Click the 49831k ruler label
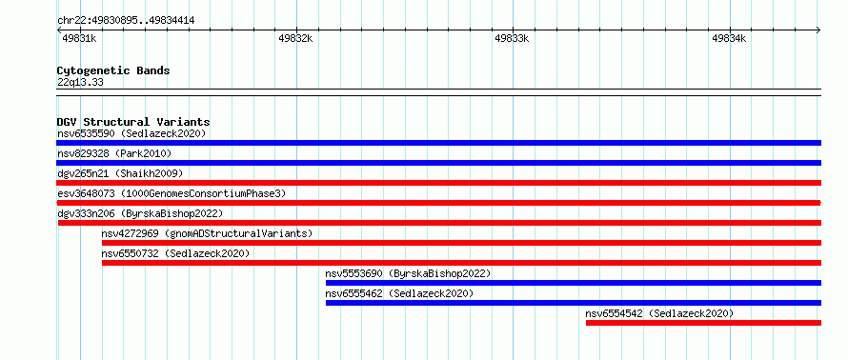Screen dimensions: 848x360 [x=79, y=38]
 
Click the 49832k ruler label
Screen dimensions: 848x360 [x=295, y=38]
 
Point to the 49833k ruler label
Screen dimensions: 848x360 [x=512, y=38]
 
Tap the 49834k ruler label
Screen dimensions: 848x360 [x=729, y=38]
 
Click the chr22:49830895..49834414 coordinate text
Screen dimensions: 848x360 [x=126, y=21]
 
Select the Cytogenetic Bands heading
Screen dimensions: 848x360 [x=113, y=70]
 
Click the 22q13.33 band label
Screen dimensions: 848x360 [x=80, y=83]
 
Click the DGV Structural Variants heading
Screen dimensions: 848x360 [x=133, y=122]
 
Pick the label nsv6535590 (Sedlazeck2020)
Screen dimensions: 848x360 [x=131, y=133]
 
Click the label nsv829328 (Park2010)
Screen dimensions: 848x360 [x=114, y=153]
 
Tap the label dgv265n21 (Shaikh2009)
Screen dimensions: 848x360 [x=120, y=173]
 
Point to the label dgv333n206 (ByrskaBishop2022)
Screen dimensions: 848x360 [x=140, y=213]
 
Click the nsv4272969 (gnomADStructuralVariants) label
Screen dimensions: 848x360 [x=207, y=233]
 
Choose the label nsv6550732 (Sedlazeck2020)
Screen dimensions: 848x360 [x=175, y=253]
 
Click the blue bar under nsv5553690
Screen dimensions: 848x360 [x=574, y=283]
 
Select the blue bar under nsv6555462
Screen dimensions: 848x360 [x=574, y=303]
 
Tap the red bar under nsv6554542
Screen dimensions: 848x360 [x=703, y=323]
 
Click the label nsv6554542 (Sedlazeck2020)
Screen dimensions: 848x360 [x=659, y=313]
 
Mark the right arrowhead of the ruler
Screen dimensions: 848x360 [x=818, y=30]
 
